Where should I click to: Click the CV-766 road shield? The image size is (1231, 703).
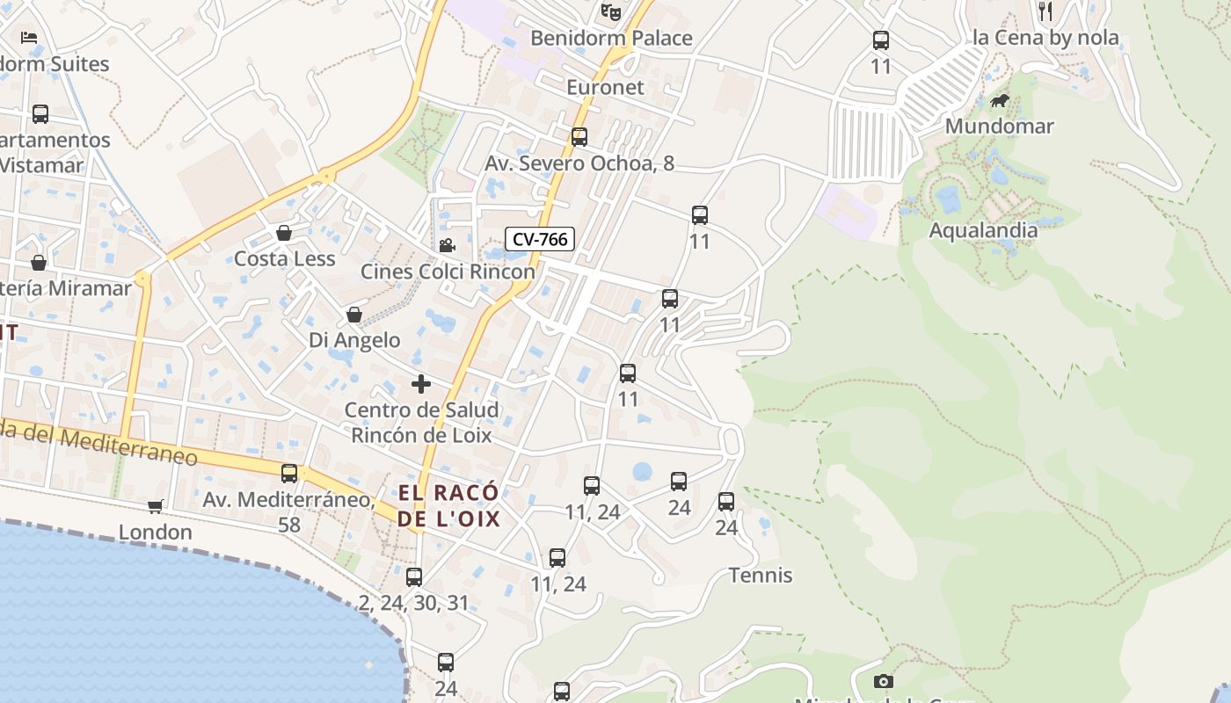click(540, 238)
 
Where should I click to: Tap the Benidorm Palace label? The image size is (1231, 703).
click(612, 38)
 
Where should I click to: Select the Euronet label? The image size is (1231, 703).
click(605, 87)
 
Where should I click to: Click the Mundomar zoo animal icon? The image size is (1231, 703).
click(1000, 101)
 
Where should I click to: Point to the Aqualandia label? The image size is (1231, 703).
click(983, 230)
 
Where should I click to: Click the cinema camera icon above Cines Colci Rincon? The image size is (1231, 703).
click(447, 245)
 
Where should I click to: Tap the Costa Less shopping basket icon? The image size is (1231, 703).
click(284, 233)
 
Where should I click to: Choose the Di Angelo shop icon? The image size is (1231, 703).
click(354, 315)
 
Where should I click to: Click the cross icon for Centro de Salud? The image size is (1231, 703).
click(421, 384)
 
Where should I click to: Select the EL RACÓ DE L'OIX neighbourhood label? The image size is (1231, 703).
click(448, 505)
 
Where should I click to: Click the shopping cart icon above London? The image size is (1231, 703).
click(156, 506)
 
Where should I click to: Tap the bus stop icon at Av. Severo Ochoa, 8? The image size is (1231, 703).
click(579, 137)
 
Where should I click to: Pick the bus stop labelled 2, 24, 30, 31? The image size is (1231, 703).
click(414, 577)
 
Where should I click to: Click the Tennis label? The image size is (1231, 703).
click(761, 576)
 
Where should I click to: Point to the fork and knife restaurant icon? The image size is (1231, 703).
click(1045, 11)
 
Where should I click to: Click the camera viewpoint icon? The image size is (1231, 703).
click(884, 681)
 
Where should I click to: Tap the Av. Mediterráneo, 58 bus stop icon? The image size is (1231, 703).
click(289, 474)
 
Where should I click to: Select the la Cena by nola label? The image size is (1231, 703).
click(1045, 38)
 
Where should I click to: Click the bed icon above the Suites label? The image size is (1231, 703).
click(29, 38)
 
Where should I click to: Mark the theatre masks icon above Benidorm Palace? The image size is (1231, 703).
click(611, 11)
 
